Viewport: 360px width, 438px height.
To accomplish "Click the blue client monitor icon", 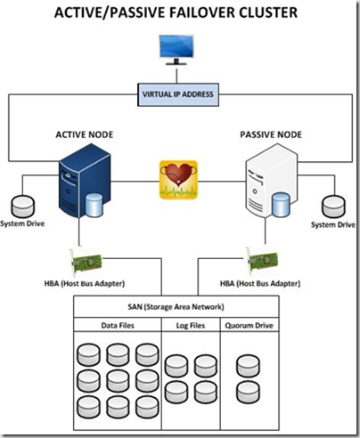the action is (x=176, y=50).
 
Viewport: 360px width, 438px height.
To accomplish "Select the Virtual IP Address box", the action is (x=178, y=94).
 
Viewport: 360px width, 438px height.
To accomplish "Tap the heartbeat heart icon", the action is (x=178, y=180).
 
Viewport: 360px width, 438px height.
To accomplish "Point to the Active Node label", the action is (x=85, y=134).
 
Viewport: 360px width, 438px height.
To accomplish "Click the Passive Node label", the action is (x=271, y=134).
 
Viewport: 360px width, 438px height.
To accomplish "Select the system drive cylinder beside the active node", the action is (x=23, y=207).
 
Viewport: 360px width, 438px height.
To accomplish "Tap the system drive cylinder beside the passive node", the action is (x=333, y=207).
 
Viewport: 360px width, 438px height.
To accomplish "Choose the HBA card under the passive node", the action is (x=262, y=261).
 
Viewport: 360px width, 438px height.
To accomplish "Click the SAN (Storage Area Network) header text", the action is (x=176, y=306).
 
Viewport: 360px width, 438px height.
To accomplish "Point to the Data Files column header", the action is (x=118, y=326).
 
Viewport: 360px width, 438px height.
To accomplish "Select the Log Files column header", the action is (x=191, y=326).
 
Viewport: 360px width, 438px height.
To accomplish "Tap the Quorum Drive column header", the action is (x=249, y=326).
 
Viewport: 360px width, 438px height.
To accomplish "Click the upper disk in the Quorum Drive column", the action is (x=249, y=366).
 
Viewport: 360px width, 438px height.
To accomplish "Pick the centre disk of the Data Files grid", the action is (x=118, y=381).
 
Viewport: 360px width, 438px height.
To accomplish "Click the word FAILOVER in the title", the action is (x=201, y=12).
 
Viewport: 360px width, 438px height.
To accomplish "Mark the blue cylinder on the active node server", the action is (x=94, y=205).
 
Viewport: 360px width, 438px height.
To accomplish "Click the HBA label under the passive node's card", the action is (x=260, y=284).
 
